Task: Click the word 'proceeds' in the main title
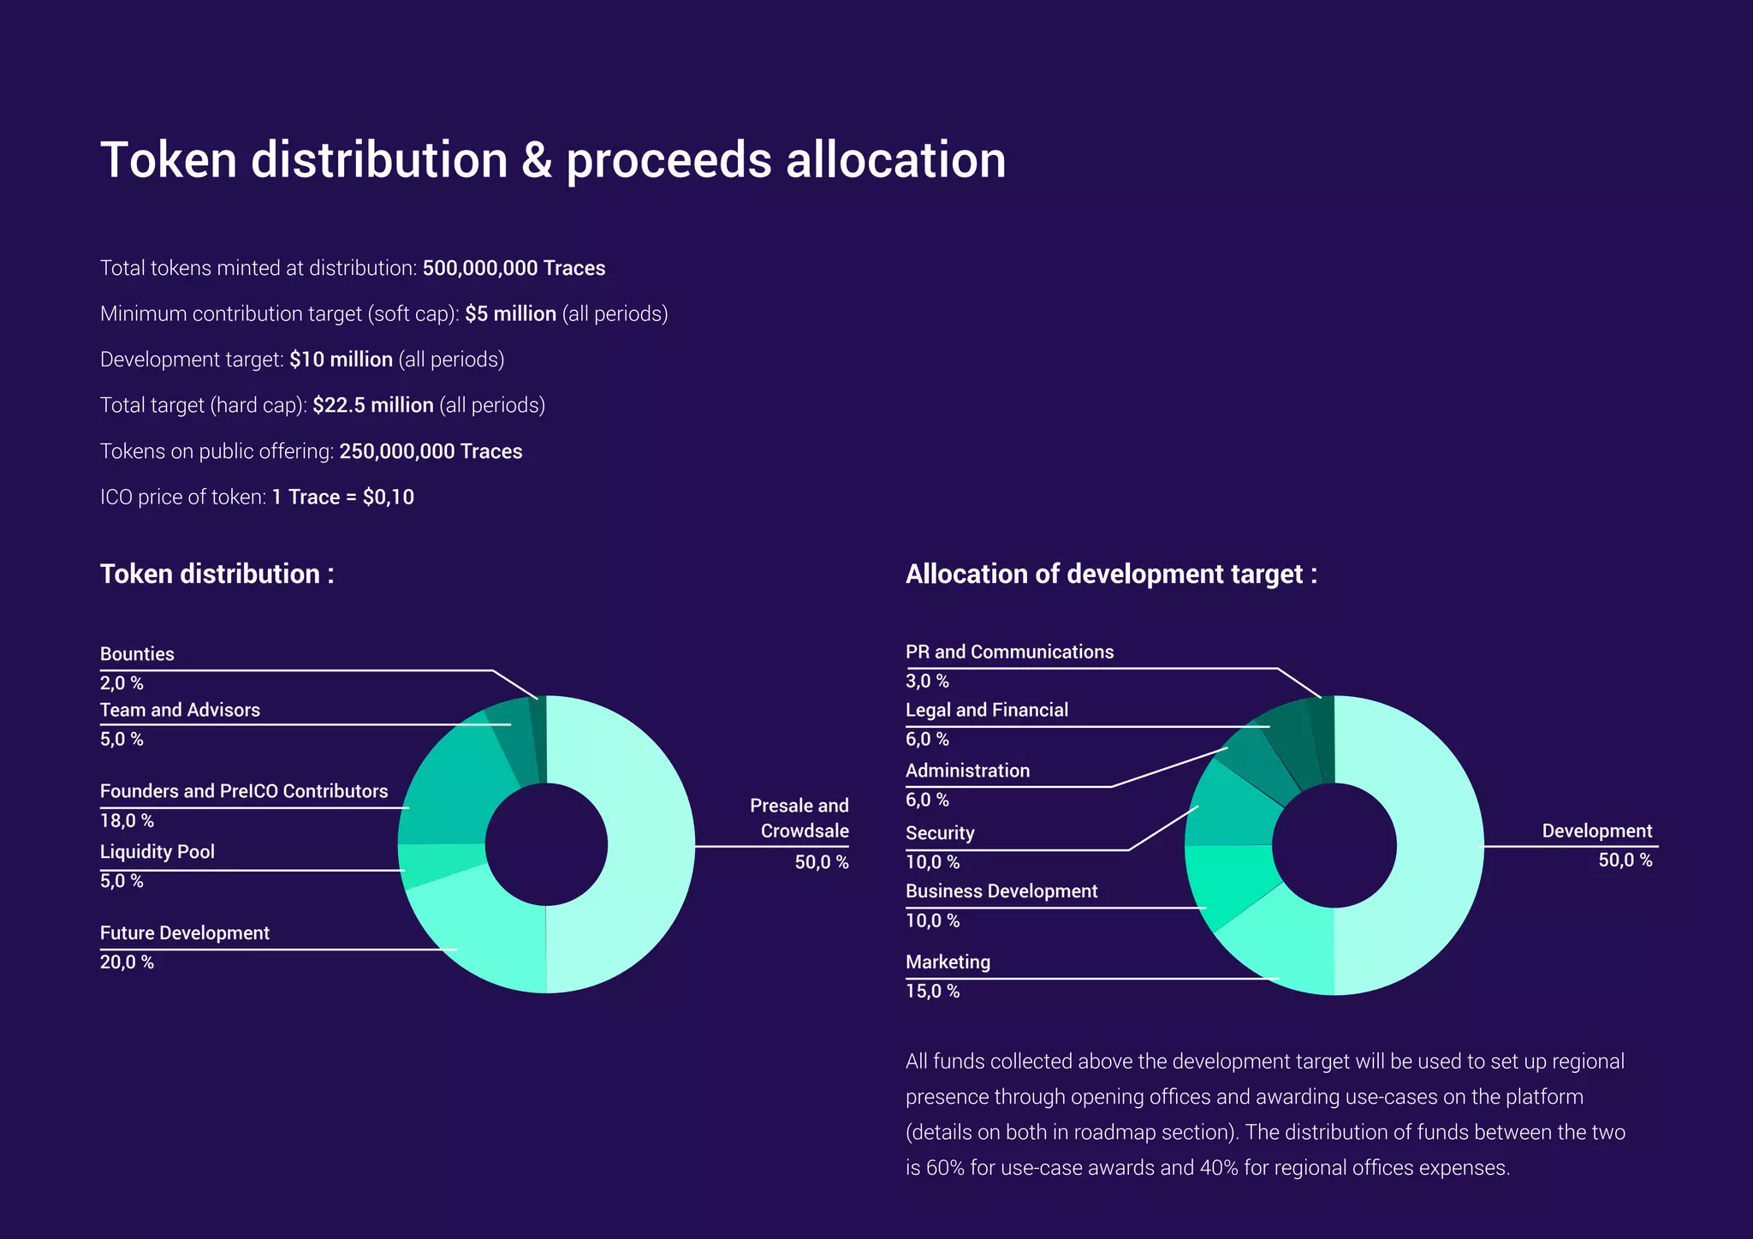click(669, 160)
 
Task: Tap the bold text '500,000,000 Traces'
click(514, 268)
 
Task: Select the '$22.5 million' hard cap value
click(372, 405)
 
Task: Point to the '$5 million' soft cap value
click(510, 313)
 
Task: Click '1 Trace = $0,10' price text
click(342, 497)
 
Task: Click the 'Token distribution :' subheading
click(217, 574)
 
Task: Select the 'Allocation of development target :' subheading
click(1110, 574)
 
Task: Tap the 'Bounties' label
click(137, 654)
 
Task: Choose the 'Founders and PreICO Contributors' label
click(244, 791)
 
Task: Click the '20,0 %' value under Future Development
click(127, 962)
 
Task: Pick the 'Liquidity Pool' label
click(157, 852)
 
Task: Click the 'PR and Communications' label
click(1009, 652)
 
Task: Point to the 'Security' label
click(940, 833)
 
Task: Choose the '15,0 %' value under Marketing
click(932, 992)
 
